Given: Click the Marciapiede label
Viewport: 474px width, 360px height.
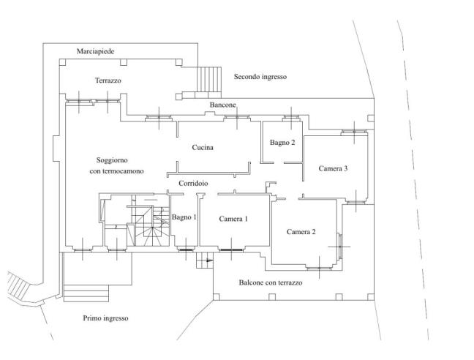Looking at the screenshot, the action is pyautogui.click(x=96, y=51).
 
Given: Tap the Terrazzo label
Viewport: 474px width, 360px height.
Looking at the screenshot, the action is pyautogui.click(x=108, y=80).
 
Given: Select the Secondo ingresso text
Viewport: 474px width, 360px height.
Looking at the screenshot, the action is pyautogui.click(x=260, y=77).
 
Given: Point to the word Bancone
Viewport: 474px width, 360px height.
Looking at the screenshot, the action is pyautogui.click(x=223, y=105).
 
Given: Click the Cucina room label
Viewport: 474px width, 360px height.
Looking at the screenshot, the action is pyautogui.click(x=203, y=148).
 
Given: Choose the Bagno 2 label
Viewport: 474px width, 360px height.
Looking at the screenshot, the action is pyautogui.click(x=282, y=143).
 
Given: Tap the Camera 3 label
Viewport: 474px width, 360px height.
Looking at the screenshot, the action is pyautogui.click(x=333, y=168).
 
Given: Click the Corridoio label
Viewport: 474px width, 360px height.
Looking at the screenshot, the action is pyautogui.click(x=193, y=183).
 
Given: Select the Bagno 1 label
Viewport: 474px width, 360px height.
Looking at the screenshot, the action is pyautogui.click(x=184, y=217).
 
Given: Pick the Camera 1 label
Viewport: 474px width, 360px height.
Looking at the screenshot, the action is pyautogui.click(x=233, y=219).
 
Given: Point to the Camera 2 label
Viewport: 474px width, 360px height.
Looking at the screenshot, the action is pyautogui.click(x=301, y=232).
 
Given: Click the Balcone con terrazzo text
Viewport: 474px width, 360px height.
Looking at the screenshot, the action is pyautogui.click(x=271, y=282).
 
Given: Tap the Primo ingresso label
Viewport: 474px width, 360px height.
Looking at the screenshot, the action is pyautogui.click(x=105, y=318).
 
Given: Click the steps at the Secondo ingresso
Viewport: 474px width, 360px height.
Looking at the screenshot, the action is pyautogui.click(x=209, y=79).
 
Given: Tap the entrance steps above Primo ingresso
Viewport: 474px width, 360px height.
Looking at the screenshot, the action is pyautogui.click(x=86, y=293).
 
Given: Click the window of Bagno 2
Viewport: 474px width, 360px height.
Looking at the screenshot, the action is pyautogui.click(x=291, y=119).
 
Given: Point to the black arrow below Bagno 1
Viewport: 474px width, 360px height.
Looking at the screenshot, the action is pyautogui.click(x=209, y=260).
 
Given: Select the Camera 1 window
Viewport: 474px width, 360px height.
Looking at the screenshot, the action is pyautogui.click(x=231, y=250).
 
